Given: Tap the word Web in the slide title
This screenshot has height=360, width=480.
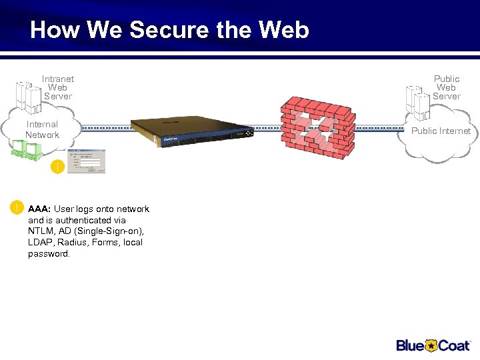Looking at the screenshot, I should (x=283, y=30).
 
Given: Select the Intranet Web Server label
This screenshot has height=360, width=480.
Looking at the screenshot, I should (x=57, y=87).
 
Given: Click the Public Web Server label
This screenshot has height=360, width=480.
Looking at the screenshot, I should (x=446, y=87).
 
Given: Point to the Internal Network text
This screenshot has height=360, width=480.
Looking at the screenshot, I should (x=42, y=129).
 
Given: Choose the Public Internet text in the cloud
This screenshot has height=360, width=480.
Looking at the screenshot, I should (x=441, y=131).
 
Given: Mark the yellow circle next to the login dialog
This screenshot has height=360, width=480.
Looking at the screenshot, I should (x=58, y=167).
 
